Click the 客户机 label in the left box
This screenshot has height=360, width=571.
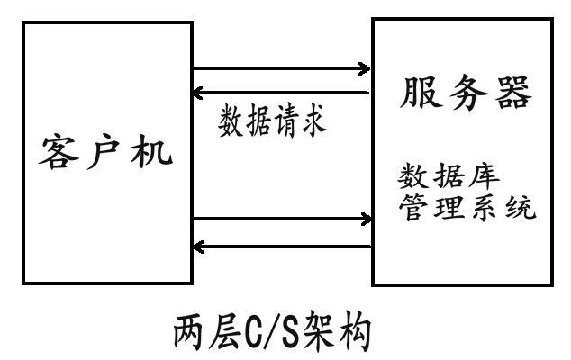coord(107,155)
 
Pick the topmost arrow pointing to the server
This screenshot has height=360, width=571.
coord(282,68)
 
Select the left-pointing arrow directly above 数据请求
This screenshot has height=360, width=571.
coord(282,93)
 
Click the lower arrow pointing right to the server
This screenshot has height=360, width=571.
coord(282,219)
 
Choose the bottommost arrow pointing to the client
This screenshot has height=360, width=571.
coord(282,245)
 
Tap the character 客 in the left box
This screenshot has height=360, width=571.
coord(57,155)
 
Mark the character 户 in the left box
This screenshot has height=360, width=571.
coord(107,155)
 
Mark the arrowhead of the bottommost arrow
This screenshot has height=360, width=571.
coord(200,245)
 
